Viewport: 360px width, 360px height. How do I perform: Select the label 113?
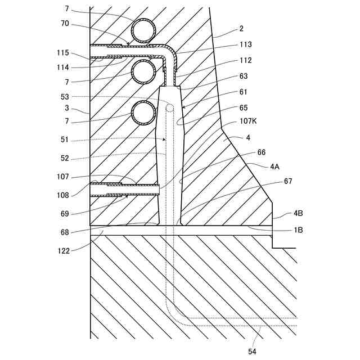[245, 45]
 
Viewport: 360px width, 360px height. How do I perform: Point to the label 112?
[245, 61]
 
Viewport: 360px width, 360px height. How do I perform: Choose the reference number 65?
[243, 107]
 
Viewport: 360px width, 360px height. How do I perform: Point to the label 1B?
[299, 229]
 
